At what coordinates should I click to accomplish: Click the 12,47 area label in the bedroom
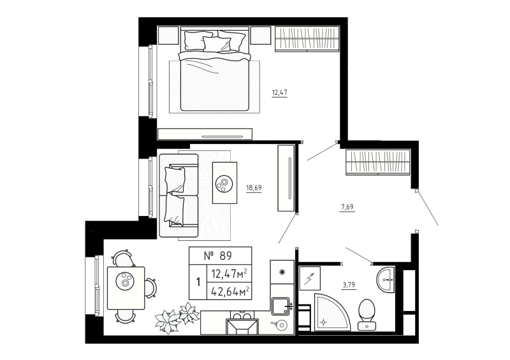tap(280, 92)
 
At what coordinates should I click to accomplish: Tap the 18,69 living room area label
tap(254, 187)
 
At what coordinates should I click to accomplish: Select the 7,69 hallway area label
tap(348, 206)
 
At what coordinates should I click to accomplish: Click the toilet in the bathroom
tap(367, 314)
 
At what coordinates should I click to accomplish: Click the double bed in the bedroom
tap(214, 70)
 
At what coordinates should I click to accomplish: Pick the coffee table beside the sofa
tap(225, 181)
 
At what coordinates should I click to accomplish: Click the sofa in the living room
tap(178, 188)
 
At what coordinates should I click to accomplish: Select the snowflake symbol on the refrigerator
tap(281, 271)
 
